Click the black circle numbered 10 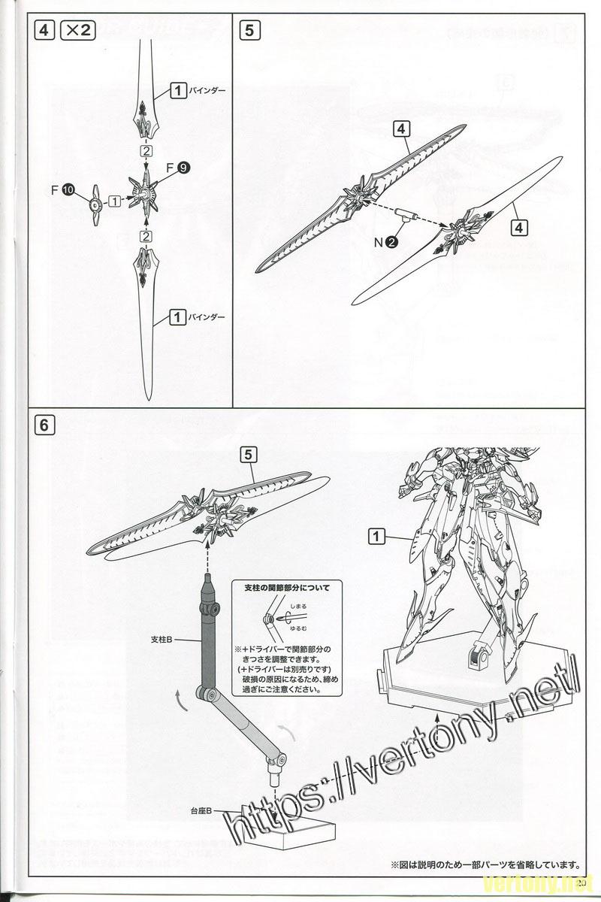[x=68, y=189]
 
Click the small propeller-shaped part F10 [x=95, y=201]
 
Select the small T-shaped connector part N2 [x=406, y=216]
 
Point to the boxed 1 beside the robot [x=377, y=536]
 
